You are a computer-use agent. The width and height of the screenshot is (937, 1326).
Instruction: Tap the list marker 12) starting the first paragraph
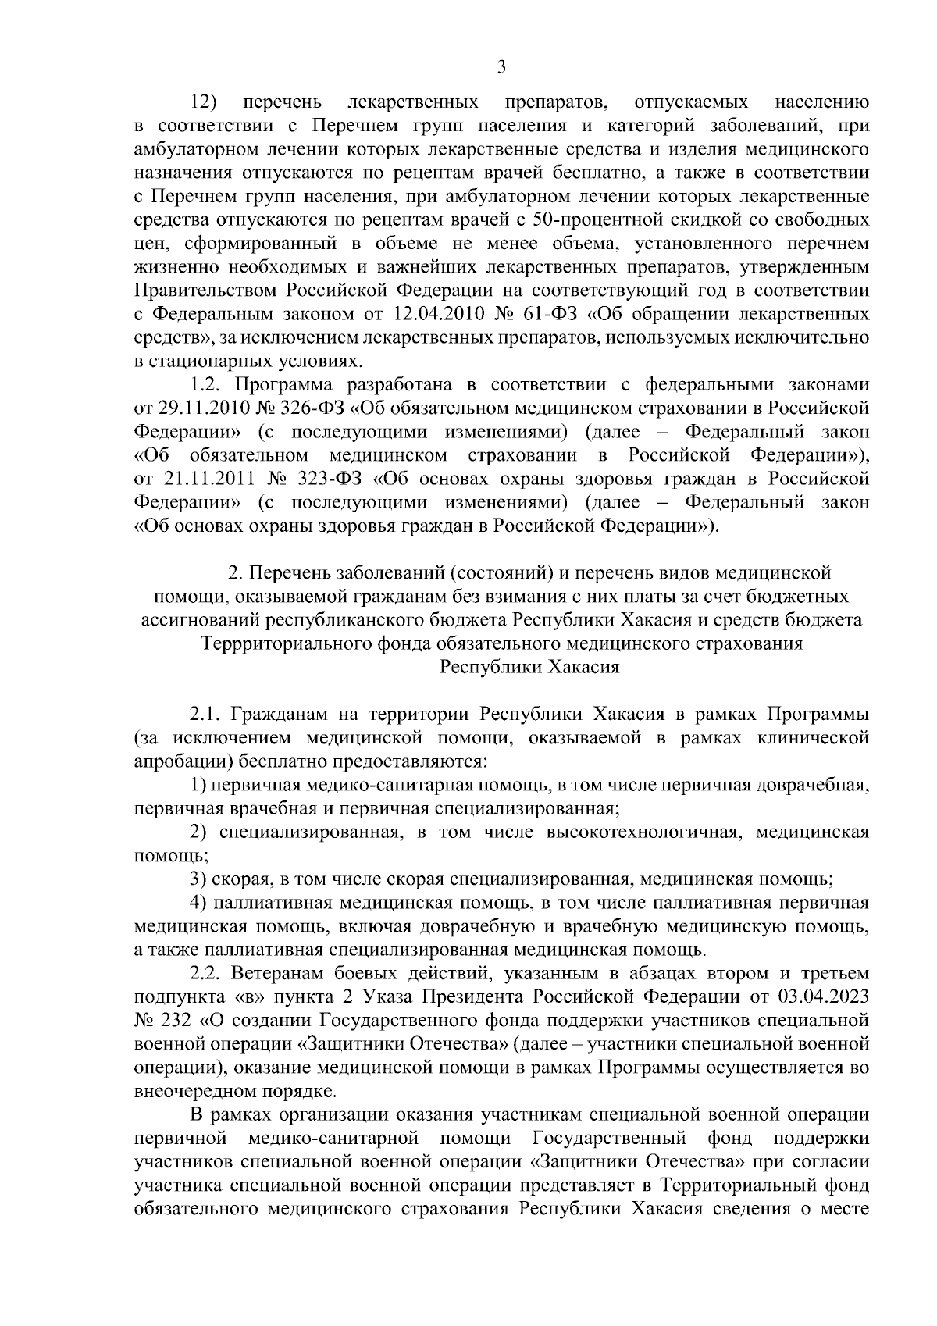[205, 102]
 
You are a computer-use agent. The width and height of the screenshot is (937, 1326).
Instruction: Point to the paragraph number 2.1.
[205, 715]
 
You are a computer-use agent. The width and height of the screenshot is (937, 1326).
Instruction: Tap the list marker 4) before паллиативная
[198, 903]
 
